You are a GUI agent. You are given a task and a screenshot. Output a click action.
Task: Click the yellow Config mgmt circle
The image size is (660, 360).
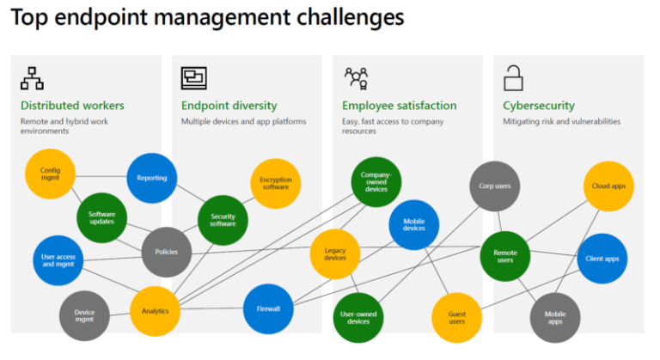[x=50, y=175]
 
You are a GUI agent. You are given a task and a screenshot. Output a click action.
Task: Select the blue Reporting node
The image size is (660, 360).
[x=152, y=178]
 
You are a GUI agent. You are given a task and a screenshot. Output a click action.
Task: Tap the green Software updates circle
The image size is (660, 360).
[x=101, y=218]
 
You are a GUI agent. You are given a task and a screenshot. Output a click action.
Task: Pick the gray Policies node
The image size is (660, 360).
[x=167, y=252]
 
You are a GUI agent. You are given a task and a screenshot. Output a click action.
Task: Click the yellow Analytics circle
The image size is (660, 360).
[x=155, y=311]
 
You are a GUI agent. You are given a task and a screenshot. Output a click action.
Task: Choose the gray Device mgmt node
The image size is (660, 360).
[x=84, y=317]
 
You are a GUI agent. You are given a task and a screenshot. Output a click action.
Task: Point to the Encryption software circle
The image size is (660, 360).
[x=275, y=183]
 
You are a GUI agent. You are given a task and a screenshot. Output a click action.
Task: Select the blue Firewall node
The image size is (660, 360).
[x=269, y=309]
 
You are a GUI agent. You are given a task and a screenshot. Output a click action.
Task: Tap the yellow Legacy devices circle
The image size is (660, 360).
[x=334, y=253]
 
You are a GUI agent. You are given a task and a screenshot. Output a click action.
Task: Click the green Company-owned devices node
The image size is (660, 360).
[x=376, y=181]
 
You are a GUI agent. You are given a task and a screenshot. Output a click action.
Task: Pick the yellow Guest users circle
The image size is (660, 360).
[x=456, y=318]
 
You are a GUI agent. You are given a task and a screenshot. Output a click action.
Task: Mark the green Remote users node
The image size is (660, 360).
[x=504, y=255]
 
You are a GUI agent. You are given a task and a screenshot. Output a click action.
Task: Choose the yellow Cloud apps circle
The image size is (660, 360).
[x=608, y=186]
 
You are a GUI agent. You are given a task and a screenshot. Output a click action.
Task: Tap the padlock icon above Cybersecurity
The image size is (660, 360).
[x=514, y=78]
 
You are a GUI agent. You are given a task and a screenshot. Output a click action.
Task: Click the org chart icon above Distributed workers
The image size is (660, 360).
[x=33, y=79]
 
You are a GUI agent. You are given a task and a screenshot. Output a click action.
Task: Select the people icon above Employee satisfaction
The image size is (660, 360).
[x=356, y=79]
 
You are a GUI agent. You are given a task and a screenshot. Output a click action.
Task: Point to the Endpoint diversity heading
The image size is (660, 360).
[x=229, y=106]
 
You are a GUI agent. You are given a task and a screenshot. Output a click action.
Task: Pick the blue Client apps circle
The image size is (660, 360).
[x=602, y=258]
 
